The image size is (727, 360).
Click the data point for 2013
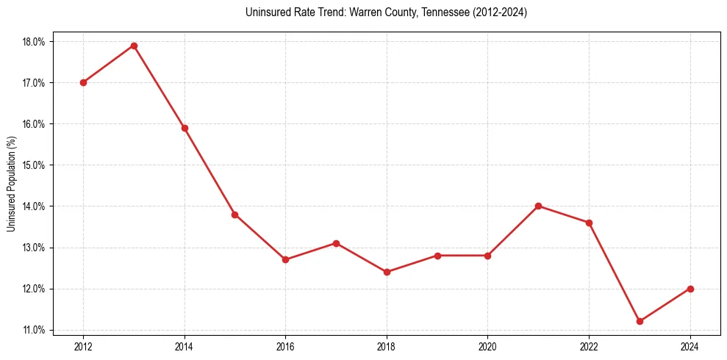[134, 46]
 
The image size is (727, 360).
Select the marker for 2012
[83, 82]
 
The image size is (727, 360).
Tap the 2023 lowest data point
[640, 321]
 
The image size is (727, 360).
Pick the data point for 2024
[690, 289]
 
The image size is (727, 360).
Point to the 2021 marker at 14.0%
[538, 206]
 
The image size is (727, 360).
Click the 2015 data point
[234, 215]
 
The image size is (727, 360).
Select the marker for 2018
[387, 272]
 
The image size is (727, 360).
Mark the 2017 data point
[336, 243]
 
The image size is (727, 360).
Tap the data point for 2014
[185, 128]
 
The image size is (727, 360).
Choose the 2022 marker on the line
[589, 223]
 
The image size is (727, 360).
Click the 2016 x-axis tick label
[285, 346]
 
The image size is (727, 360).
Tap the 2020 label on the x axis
[487, 346]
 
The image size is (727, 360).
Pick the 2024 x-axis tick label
[690, 346]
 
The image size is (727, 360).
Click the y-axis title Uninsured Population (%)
[12, 183]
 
